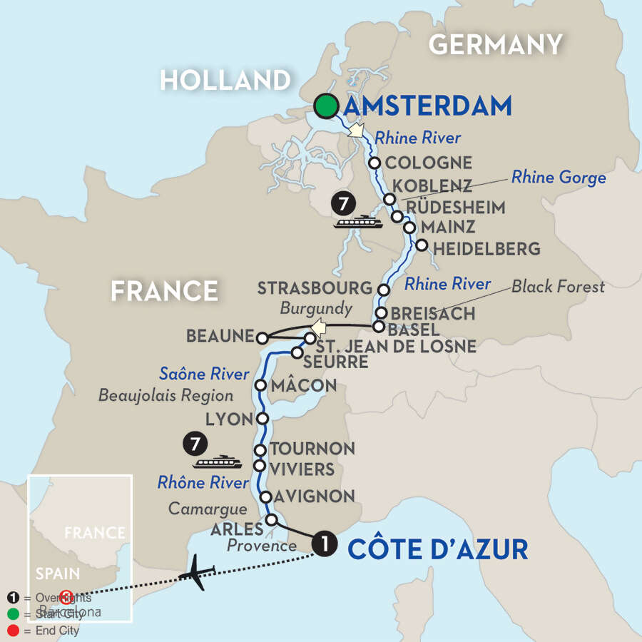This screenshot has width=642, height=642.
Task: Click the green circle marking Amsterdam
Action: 326,106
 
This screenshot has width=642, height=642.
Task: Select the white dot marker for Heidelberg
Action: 422,245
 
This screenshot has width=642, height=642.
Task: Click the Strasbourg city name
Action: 315,288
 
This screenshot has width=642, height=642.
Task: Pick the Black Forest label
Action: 557,286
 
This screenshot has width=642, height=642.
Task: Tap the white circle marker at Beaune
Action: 263,337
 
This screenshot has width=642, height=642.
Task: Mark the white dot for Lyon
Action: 262,419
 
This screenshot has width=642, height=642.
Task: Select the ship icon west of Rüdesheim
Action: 359,222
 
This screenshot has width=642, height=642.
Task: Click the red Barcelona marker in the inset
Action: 66,596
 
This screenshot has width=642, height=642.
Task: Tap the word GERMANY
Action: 495,45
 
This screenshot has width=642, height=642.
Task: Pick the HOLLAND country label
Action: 225,79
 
